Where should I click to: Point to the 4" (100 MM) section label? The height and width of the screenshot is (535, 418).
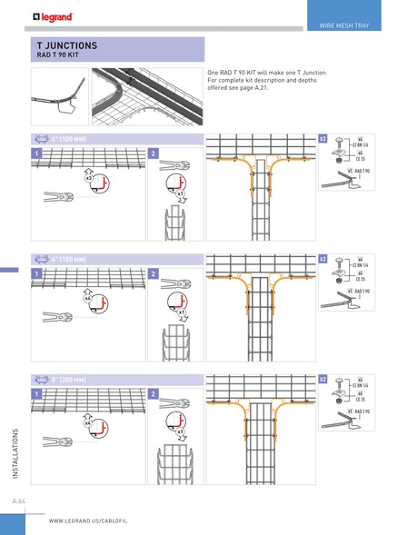click(x=68, y=138)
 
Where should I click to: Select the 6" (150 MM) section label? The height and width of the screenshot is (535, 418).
click(x=68, y=258)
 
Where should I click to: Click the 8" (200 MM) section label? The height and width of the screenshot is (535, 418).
click(x=68, y=377)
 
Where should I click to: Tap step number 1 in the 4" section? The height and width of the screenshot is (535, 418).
click(x=37, y=154)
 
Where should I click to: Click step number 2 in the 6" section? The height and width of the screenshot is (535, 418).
click(x=153, y=273)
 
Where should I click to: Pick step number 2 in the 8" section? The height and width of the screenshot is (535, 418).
click(x=153, y=393)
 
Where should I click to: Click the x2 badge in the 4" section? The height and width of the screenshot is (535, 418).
click(x=323, y=138)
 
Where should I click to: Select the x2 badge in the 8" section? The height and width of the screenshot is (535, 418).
click(x=323, y=377)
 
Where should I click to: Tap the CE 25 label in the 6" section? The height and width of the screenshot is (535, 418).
click(x=360, y=279)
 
